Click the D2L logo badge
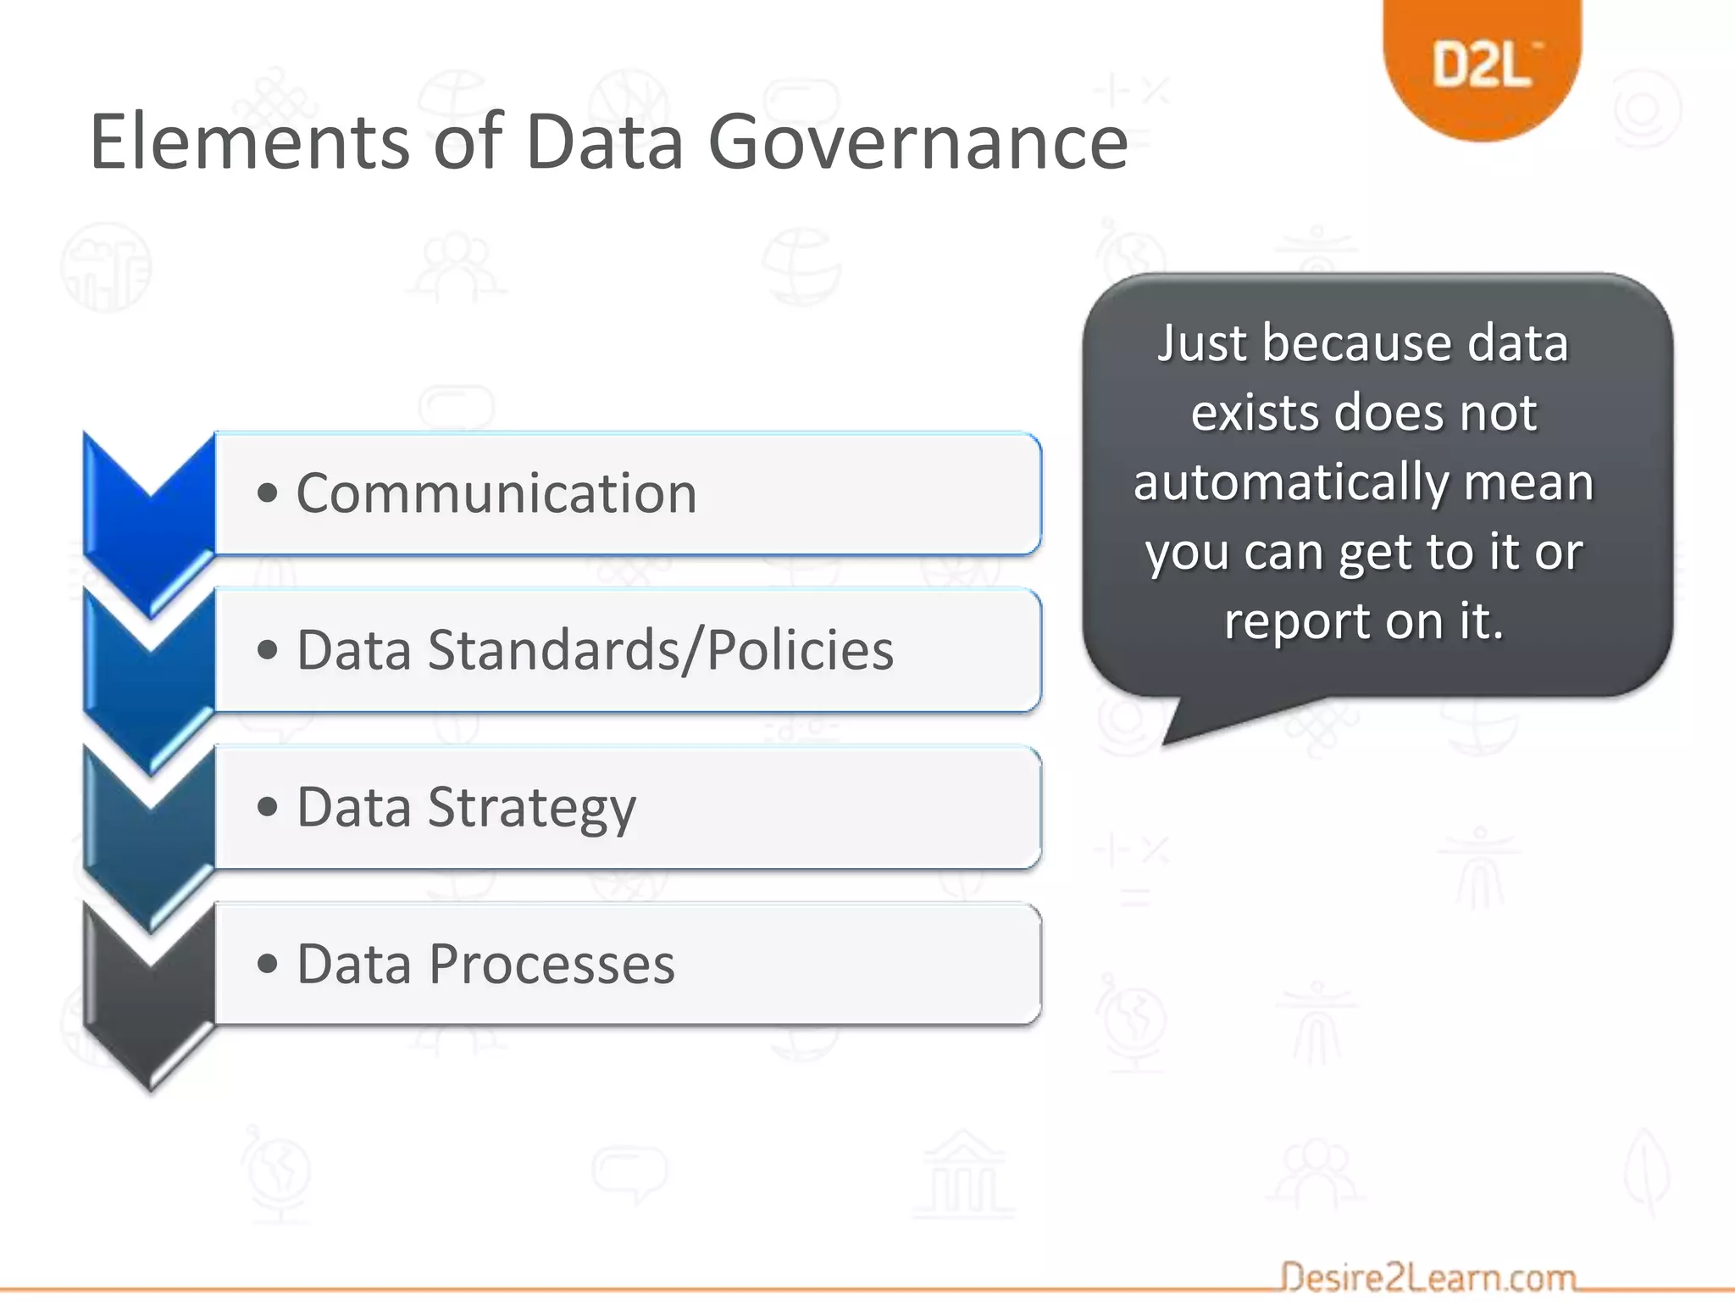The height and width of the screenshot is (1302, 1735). point(1482,64)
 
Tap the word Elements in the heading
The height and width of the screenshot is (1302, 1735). point(250,142)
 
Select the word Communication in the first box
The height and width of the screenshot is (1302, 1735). point(496,493)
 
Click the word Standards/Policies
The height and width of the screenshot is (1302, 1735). point(661,650)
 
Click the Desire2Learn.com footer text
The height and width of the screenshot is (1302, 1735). point(1427,1277)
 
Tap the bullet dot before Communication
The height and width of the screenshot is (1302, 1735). point(268,493)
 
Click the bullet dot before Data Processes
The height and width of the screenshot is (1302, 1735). point(268,965)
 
